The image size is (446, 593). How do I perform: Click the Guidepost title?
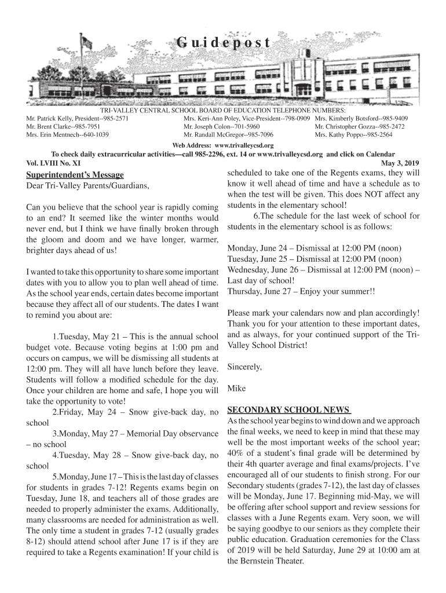coord(223,43)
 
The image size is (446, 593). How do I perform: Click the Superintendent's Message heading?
coord(75,175)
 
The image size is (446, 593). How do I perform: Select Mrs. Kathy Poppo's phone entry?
coord(353,134)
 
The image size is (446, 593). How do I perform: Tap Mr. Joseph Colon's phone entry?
coord(221,126)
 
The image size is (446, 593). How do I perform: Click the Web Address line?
coord(223,145)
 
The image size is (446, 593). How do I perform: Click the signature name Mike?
coord(237,387)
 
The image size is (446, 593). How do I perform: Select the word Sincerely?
coord(244,367)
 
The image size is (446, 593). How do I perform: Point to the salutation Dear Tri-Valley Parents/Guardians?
coord(84,186)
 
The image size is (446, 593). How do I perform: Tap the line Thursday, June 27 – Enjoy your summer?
coord(301,291)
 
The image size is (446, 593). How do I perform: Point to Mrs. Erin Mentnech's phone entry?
coord(68,134)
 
